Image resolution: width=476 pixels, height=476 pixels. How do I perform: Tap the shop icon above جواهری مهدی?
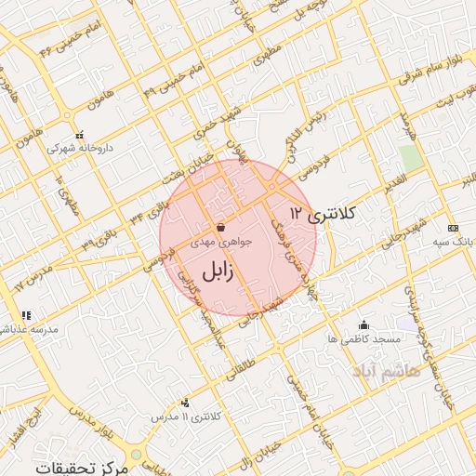click(x=220, y=227)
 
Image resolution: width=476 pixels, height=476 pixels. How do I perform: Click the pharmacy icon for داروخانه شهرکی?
click(x=79, y=134)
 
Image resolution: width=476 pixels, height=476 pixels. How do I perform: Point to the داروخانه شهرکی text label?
click(x=73, y=147)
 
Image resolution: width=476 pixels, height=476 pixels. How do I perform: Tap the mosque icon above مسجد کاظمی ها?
click(x=364, y=324)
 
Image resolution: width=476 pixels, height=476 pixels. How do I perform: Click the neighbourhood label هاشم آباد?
click(x=387, y=370)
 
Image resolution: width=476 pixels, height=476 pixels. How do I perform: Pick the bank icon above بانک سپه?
click(x=453, y=228)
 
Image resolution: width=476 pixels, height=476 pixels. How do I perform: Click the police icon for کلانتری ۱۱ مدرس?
click(x=186, y=403)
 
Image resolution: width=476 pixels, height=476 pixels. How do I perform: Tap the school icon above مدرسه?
click(x=27, y=316)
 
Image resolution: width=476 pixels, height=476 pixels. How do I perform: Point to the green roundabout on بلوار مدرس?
click(x=137, y=455)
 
